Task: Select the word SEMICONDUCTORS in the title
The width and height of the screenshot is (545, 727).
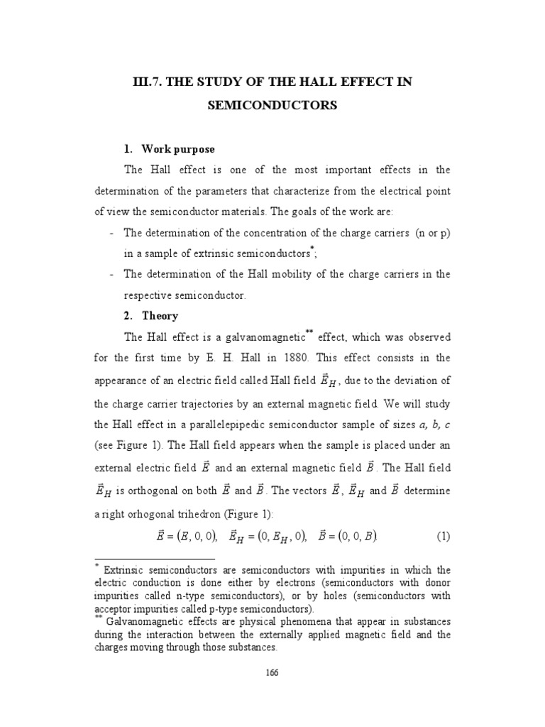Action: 272,106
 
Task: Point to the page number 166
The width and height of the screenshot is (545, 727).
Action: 272,673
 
